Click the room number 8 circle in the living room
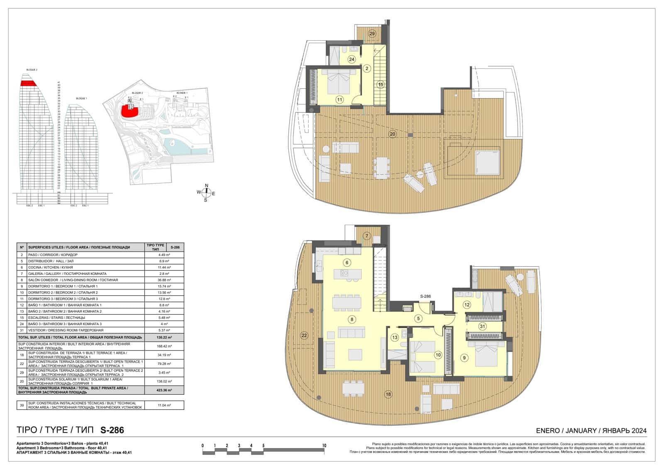pyautogui.click(x=352, y=319)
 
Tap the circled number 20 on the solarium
pyautogui.click(x=392, y=134)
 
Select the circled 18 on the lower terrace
pyautogui.click(x=388, y=394)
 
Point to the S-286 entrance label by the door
pyautogui.click(x=425, y=296)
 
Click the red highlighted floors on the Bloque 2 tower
pyautogui.click(x=29, y=84)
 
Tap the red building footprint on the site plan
pyautogui.click(x=129, y=111)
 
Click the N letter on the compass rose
pyautogui.click(x=207, y=186)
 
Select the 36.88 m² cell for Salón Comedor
pyautogui.click(x=164, y=280)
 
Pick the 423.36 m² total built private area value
pyautogui.click(x=164, y=390)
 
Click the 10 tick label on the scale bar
pyautogui.click(x=324, y=446)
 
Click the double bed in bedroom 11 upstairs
pyautogui.click(x=340, y=83)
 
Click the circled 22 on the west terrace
pyautogui.click(x=304, y=335)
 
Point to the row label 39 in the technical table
pyautogui.click(x=22, y=405)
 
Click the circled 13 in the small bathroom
pyautogui.click(x=395, y=338)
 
